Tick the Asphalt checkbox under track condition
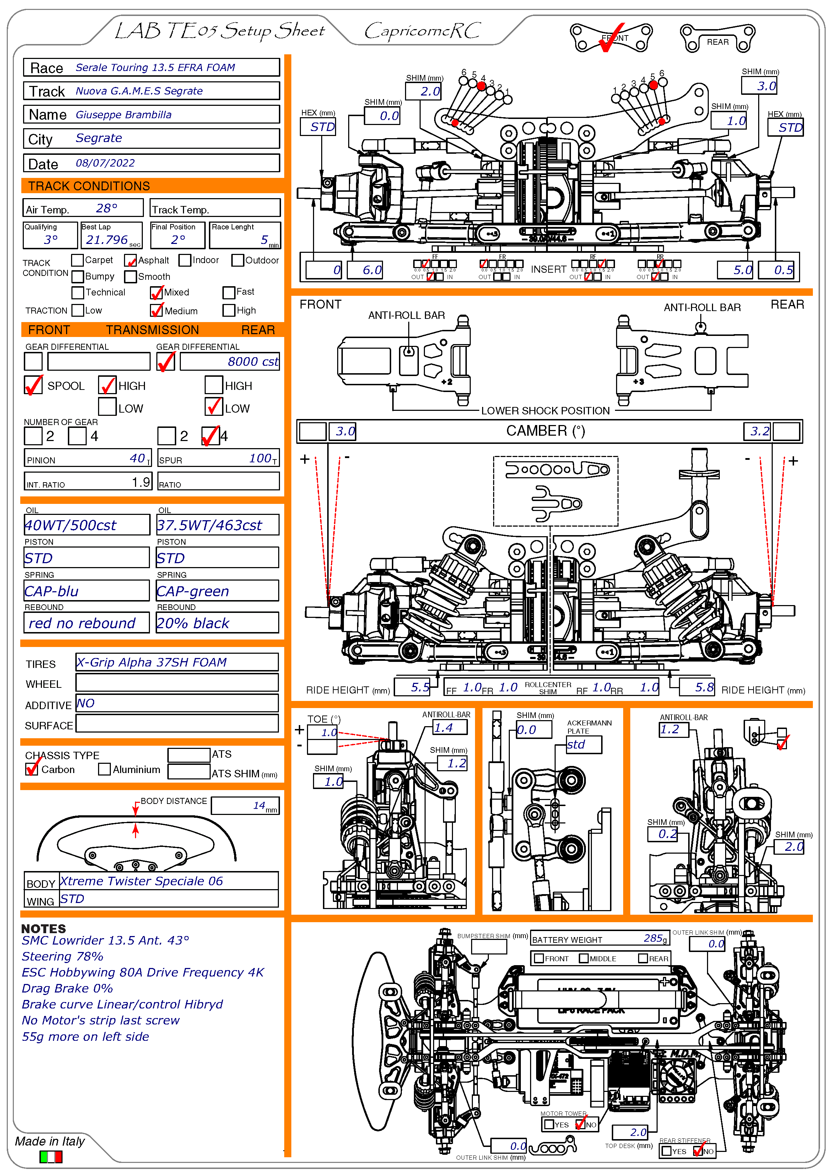pyautogui.click(x=130, y=261)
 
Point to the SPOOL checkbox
pyautogui.click(x=33, y=385)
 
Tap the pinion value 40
pyautogui.click(x=137, y=458)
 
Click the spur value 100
pyautogui.click(x=260, y=458)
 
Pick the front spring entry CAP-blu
pyautogui.click(x=52, y=592)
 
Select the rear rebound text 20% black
pyautogui.click(x=193, y=623)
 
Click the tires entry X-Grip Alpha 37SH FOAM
pyautogui.click(x=152, y=662)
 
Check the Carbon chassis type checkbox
pyautogui.click(x=32, y=769)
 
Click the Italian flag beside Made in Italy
pyautogui.click(x=51, y=1157)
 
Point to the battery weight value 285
pyautogui.click(x=653, y=938)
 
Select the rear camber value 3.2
pyautogui.click(x=759, y=431)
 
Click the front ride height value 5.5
pyautogui.click(x=420, y=687)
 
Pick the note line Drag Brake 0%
pyautogui.click(x=67, y=988)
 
